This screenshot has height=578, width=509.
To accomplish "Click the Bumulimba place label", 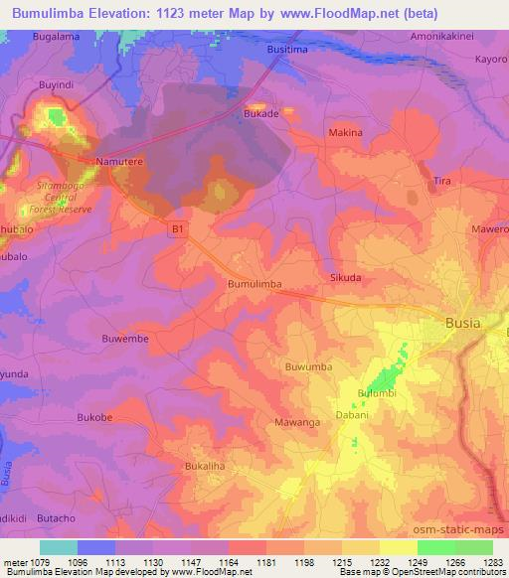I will pos(254,284).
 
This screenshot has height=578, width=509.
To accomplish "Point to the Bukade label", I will pos(261,115).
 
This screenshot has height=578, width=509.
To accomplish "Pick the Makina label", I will pos(345,132).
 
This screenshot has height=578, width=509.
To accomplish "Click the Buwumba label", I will pos(308,366).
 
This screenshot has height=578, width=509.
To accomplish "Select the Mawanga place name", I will pos(296,422).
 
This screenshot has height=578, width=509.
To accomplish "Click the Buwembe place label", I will pos(125,338).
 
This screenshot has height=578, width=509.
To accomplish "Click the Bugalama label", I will pos(56,36).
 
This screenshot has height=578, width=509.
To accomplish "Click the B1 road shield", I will pos(178,229).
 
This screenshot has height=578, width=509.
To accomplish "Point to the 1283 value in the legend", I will pos(492,560).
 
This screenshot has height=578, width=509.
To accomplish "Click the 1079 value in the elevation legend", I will pos(41,560).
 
